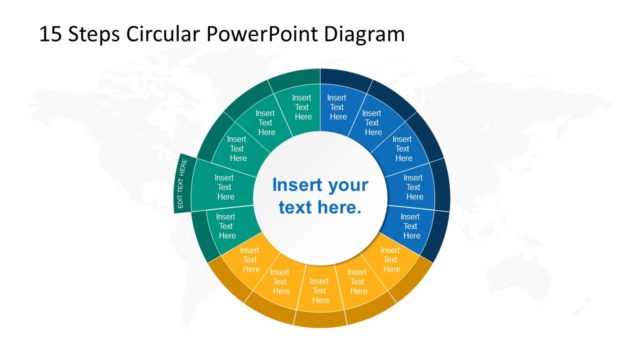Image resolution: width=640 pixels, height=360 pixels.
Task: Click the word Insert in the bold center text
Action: [296, 185]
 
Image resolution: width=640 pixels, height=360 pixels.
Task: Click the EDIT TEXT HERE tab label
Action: [182, 186]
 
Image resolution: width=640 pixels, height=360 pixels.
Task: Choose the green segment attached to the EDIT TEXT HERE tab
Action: [224, 186]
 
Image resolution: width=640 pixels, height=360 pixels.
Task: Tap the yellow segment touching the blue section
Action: [390, 258]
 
